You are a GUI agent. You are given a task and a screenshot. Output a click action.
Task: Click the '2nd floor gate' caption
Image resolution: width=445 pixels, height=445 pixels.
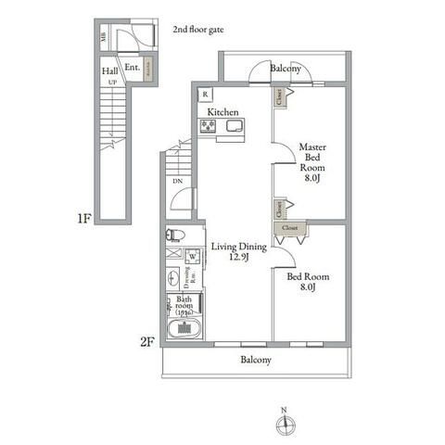[198, 30]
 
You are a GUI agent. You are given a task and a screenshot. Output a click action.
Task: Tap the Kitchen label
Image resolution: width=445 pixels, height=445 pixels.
[222, 112]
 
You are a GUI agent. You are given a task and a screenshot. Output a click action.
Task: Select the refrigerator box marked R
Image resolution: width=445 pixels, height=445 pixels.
[204, 94]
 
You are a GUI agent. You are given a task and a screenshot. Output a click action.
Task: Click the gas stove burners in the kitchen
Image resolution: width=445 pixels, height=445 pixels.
[208, 127]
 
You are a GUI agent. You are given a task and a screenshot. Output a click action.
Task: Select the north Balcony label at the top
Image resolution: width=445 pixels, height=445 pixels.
[285, 69]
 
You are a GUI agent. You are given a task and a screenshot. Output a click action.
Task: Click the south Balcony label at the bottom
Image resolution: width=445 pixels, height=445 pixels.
[256, 360]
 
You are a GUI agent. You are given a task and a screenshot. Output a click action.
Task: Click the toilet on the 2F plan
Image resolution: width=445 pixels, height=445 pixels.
[176, 235]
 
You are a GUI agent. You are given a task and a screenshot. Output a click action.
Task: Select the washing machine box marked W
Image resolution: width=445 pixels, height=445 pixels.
[193, 257]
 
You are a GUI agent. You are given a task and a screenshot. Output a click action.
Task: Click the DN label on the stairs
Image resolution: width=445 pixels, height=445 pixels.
[177, 181]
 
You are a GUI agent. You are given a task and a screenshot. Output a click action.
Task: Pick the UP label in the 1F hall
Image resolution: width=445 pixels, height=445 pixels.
[112, 83]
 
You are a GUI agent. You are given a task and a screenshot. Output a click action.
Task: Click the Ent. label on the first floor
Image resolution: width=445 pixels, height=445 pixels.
[132, 67]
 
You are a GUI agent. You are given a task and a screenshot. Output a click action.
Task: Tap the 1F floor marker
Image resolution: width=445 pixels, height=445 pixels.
[83, 219]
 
